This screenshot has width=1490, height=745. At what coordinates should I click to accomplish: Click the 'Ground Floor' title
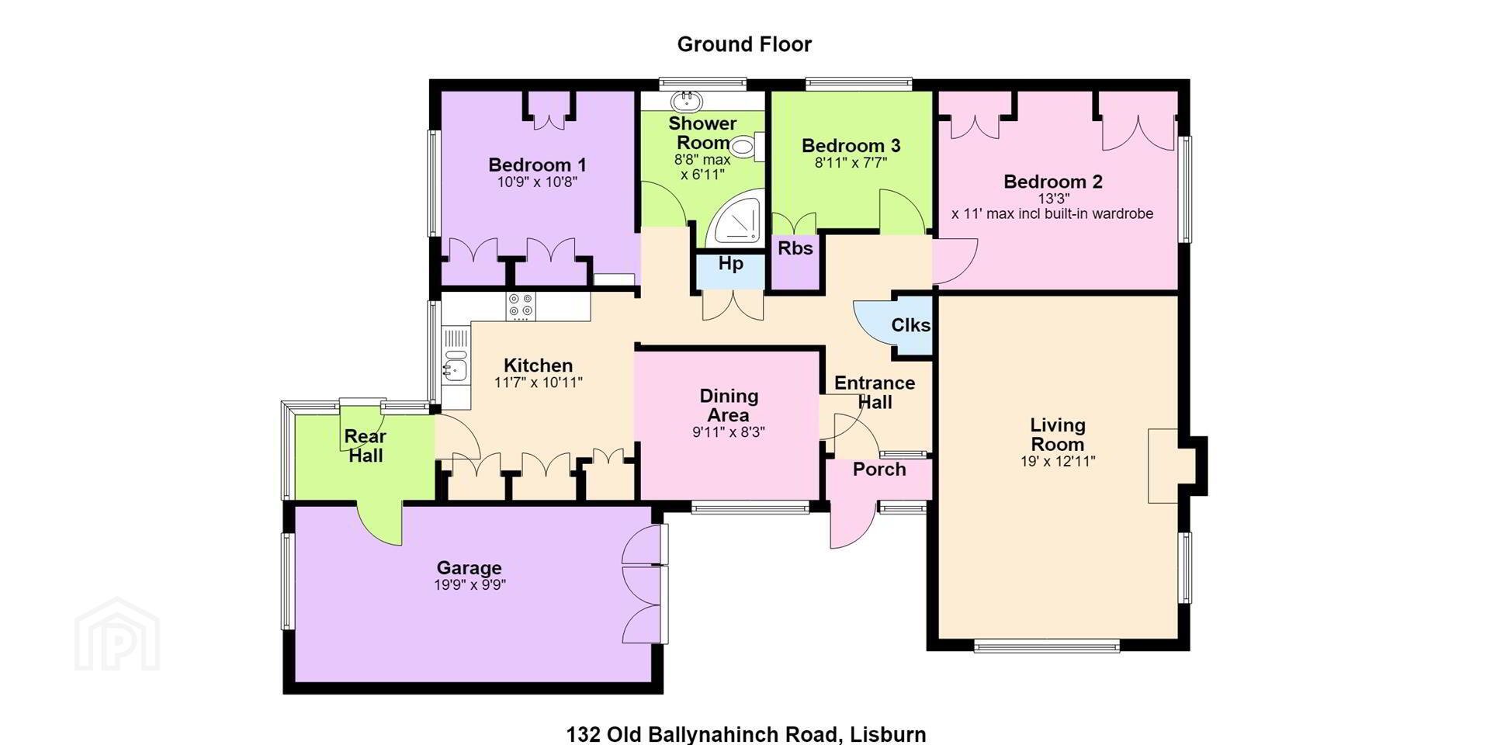click(744, 44)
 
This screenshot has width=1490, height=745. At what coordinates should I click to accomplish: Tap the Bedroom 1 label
click(537, 165)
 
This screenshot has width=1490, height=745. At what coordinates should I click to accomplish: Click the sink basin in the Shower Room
click(686, 101)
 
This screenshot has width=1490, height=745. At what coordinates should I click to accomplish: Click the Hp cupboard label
click(730, 264)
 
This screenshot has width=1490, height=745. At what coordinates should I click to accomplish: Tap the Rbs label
click(795, 248)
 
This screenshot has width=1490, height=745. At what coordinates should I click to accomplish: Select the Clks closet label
click(911, 325)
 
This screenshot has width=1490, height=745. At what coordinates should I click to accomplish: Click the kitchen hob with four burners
click(520, 306)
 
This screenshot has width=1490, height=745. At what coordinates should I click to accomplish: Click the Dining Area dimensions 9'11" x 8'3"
click(729, 432)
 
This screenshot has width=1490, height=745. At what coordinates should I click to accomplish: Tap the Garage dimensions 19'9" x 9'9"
click(470, 585)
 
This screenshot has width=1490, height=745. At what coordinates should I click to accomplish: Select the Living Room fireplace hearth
click(1163, 466)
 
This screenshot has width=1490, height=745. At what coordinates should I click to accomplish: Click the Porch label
click(879, 470)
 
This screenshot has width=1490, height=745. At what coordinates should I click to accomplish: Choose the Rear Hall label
click(366, 445)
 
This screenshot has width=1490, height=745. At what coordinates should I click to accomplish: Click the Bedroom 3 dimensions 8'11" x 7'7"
click(851, 163)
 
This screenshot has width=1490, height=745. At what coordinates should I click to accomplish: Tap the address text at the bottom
click(746, 734)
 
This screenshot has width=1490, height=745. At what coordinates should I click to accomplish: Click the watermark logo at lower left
click(117, 634)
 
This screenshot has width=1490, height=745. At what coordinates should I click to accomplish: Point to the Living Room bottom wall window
click(1047, 645)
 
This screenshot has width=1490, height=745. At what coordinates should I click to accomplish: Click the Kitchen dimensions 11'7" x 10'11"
click(538, 383)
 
